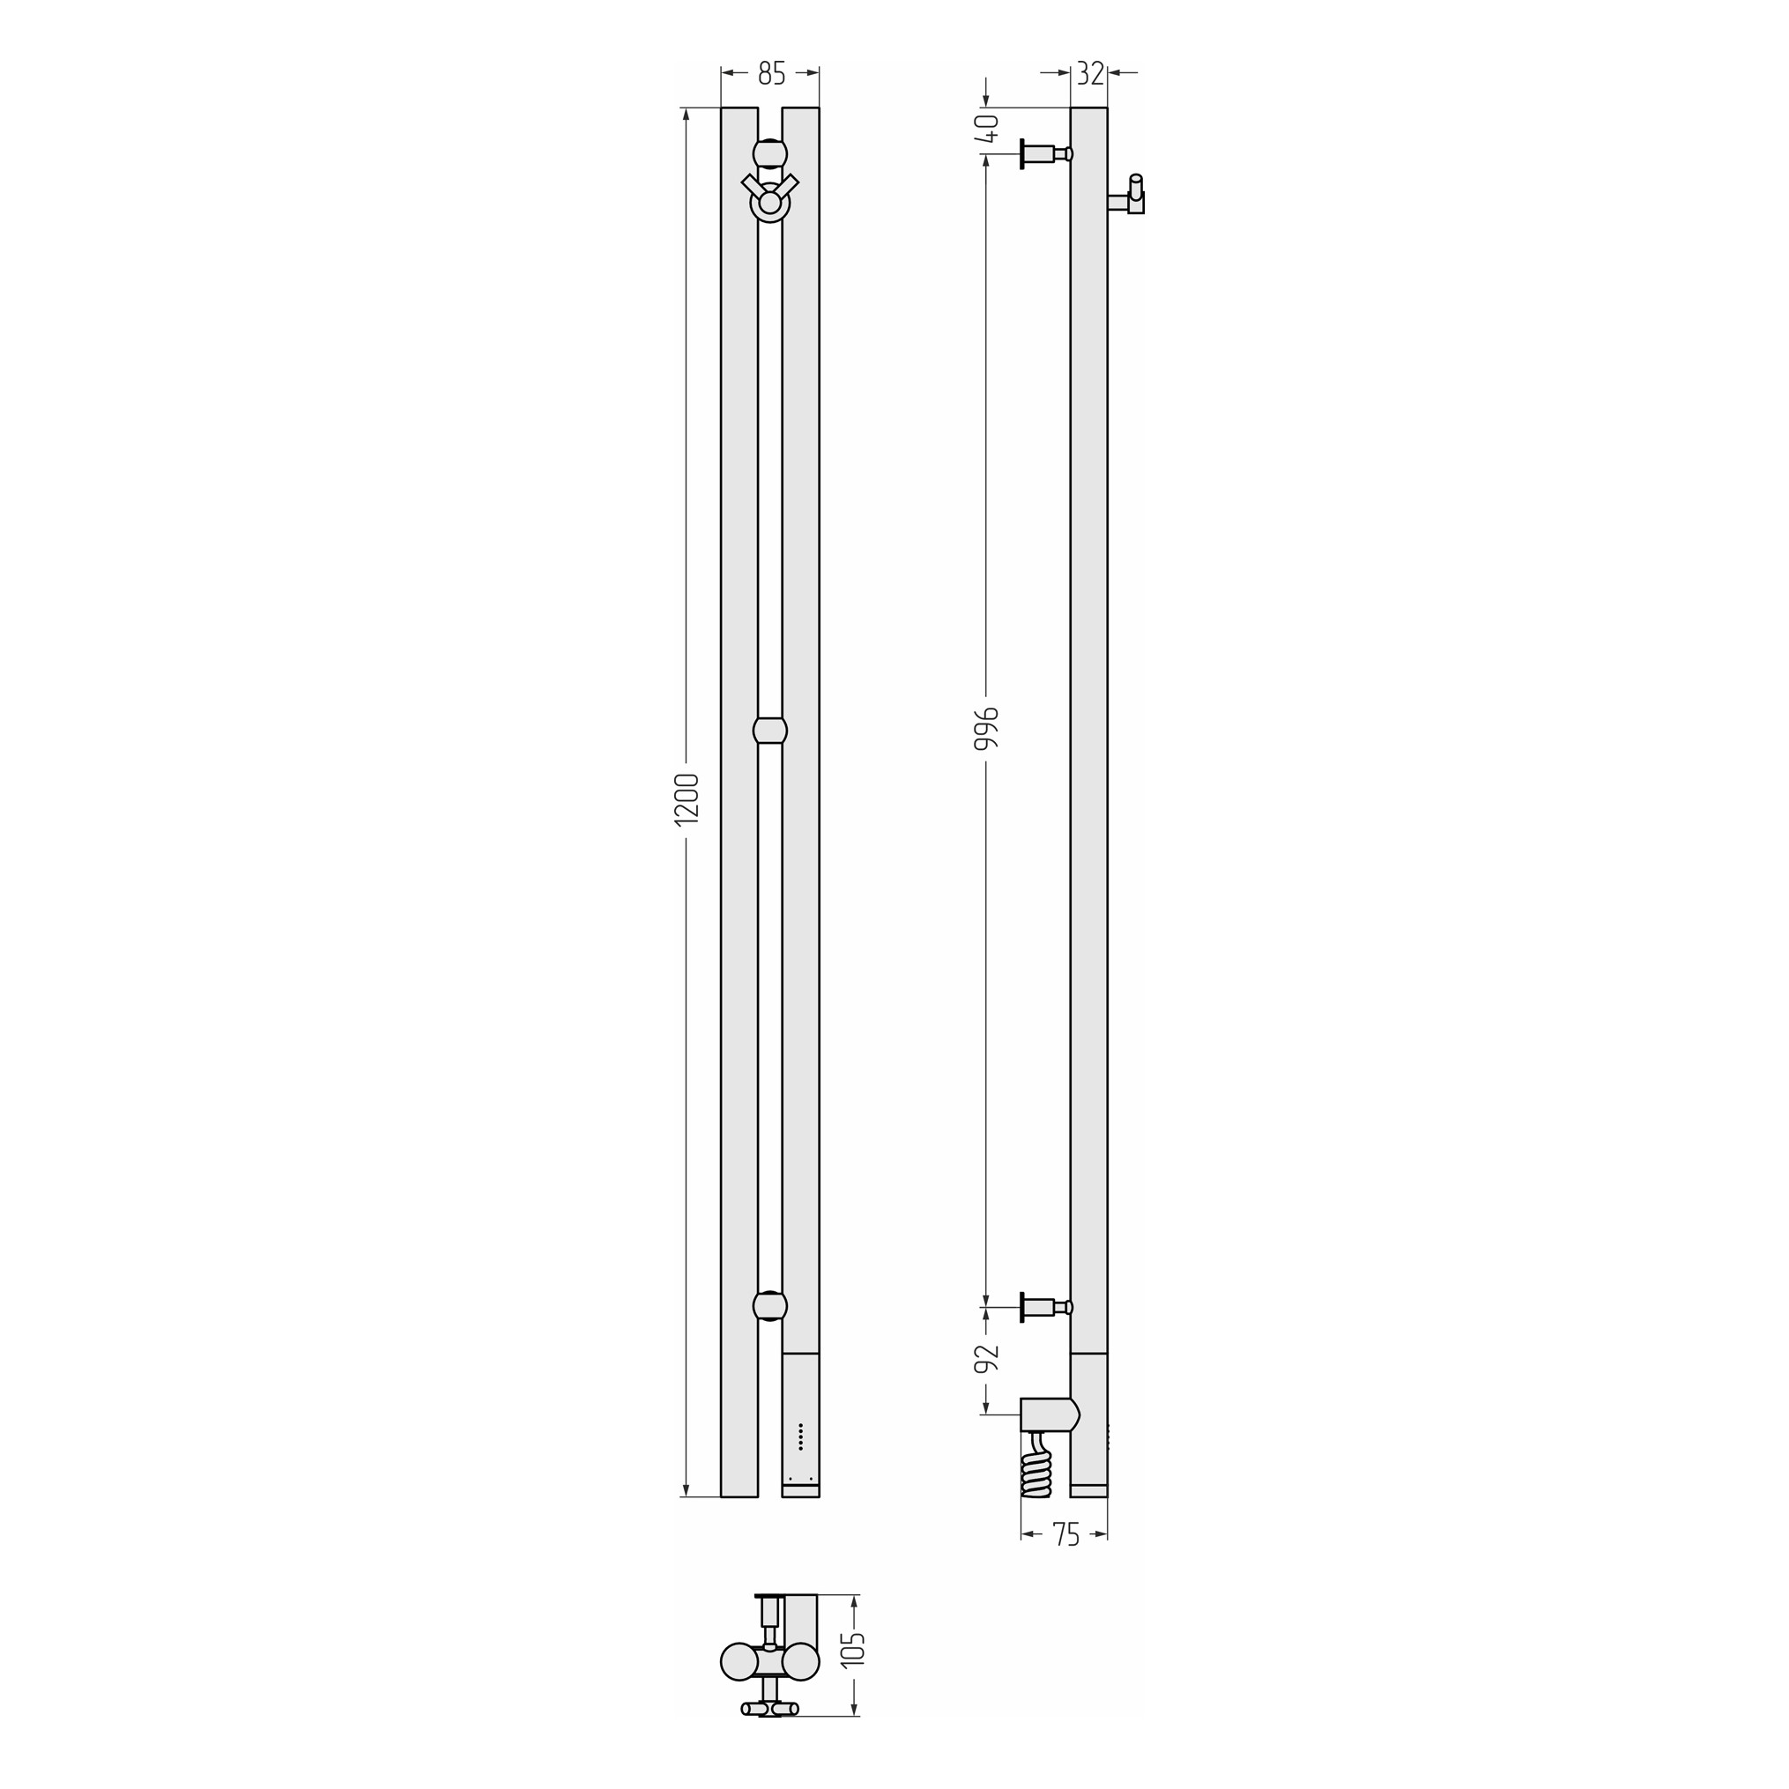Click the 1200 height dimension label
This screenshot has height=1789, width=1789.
click(x=687, y=798)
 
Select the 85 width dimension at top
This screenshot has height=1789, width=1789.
click(x=771, y=73)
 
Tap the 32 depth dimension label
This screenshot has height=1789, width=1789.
click(x=1091, y=73)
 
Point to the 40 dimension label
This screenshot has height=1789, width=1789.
click(x=988, y=128)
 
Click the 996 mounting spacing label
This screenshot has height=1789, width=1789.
click(x=987, y=729)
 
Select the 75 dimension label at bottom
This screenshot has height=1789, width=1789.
click(x=1065, y=1534)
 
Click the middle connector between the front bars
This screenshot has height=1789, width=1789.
click(x=770, y=730)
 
